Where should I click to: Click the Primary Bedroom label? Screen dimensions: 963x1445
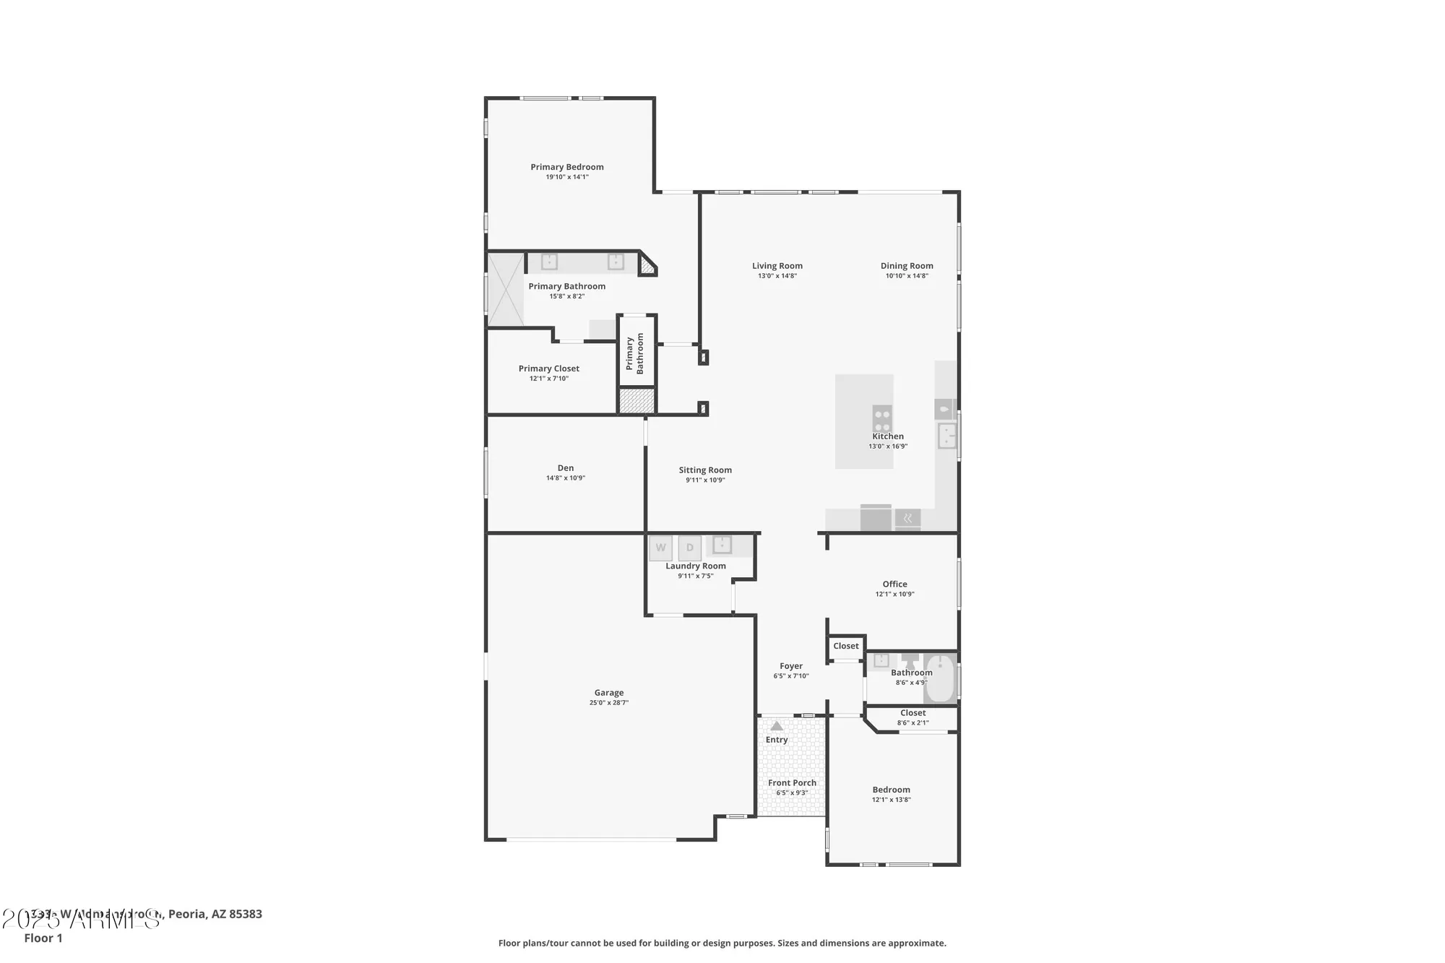(567, 167)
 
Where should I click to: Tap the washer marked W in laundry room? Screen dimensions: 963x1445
(660, 548)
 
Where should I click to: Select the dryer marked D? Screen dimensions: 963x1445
(689, 548)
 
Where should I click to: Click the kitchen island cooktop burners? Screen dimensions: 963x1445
(882, 418)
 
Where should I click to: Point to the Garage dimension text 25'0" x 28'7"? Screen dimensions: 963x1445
(609, 703)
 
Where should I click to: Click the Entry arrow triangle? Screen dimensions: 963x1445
(777, 726)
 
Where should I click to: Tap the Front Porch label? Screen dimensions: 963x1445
(792, 783)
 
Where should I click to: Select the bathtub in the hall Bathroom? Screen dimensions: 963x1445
(940, 678)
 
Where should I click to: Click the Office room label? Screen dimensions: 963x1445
(894, 584)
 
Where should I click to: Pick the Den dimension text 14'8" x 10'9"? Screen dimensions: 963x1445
(566, 478)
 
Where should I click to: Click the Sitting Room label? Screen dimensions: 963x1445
(705, 470)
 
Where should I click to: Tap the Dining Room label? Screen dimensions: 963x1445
(907, 266)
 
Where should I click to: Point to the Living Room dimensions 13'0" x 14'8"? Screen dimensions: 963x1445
(777, 276)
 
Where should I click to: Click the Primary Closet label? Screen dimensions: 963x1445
(549, 368)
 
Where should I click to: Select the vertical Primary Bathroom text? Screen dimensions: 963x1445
(635, 353)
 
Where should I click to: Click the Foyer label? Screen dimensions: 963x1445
(791, 666)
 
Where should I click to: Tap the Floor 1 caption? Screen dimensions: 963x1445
(43, 938)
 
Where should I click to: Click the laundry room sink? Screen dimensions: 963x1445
(722, 545)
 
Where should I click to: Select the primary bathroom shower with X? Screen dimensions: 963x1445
(506, 289)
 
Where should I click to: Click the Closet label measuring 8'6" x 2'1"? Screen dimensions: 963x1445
(913, 713)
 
